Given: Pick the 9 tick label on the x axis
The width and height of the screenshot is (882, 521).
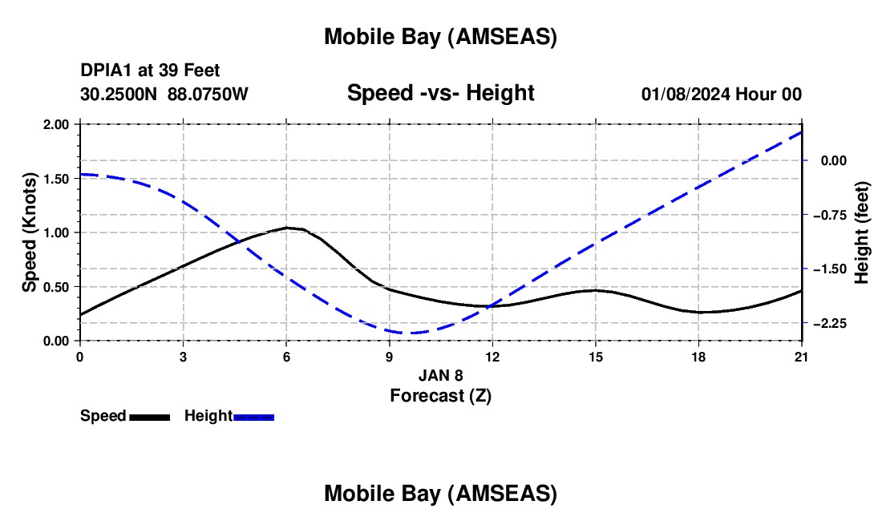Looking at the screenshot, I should (x=389, y=357).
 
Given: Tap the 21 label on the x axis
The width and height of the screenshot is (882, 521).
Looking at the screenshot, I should (x=802, y=357).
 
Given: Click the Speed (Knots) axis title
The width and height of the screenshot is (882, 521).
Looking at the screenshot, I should (x=30, y=232).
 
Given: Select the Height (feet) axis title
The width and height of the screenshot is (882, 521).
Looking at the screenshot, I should (x=863, y=232).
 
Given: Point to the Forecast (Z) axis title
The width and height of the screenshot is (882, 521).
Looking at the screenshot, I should (x=440, y=395).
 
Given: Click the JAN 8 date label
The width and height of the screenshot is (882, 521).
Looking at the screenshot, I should (x=440, y=375).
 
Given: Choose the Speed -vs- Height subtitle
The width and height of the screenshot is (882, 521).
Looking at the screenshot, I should (x=440, y=93).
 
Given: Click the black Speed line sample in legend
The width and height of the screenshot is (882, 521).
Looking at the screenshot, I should (x=150, y=417).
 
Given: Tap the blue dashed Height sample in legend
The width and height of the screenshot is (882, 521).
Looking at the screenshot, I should (x=254, y=417).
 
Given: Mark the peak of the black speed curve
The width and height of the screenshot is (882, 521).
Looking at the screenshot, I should (x=286, y=228).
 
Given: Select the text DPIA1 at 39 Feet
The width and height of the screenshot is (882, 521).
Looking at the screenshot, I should (x=150, y=71).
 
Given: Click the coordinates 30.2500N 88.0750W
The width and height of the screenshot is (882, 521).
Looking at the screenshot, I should (x=164, y=94).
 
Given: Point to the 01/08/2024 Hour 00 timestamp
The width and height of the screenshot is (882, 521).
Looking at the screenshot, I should (x=722, y=94).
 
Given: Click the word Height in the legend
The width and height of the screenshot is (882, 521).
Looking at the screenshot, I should (x=208, y=416).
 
